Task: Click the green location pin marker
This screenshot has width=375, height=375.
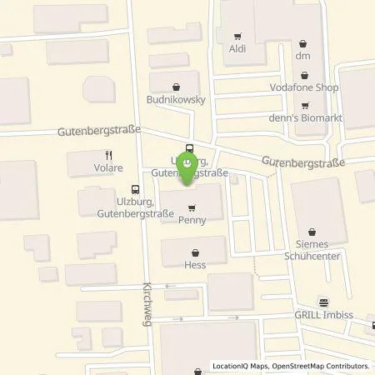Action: coord(190,170)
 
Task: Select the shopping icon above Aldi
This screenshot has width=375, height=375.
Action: coord(238,37)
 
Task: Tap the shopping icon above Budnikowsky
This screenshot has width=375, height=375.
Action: coord(176,85)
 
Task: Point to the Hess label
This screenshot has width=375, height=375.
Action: coord(195,265)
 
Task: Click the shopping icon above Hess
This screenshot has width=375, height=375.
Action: coord(195,252)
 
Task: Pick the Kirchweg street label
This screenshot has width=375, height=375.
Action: coord(147,296)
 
